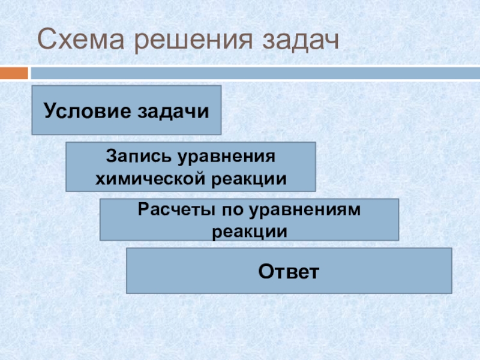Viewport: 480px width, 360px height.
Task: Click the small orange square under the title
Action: click(x=14, y=73)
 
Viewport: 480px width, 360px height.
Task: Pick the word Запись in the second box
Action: click(x=136, y=157)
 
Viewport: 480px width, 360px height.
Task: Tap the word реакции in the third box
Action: click(x=248, y=230)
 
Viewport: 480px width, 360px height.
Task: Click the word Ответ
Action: click(x=288, y=271)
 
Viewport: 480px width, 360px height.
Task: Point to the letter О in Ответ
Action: click(x=265, y=271)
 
